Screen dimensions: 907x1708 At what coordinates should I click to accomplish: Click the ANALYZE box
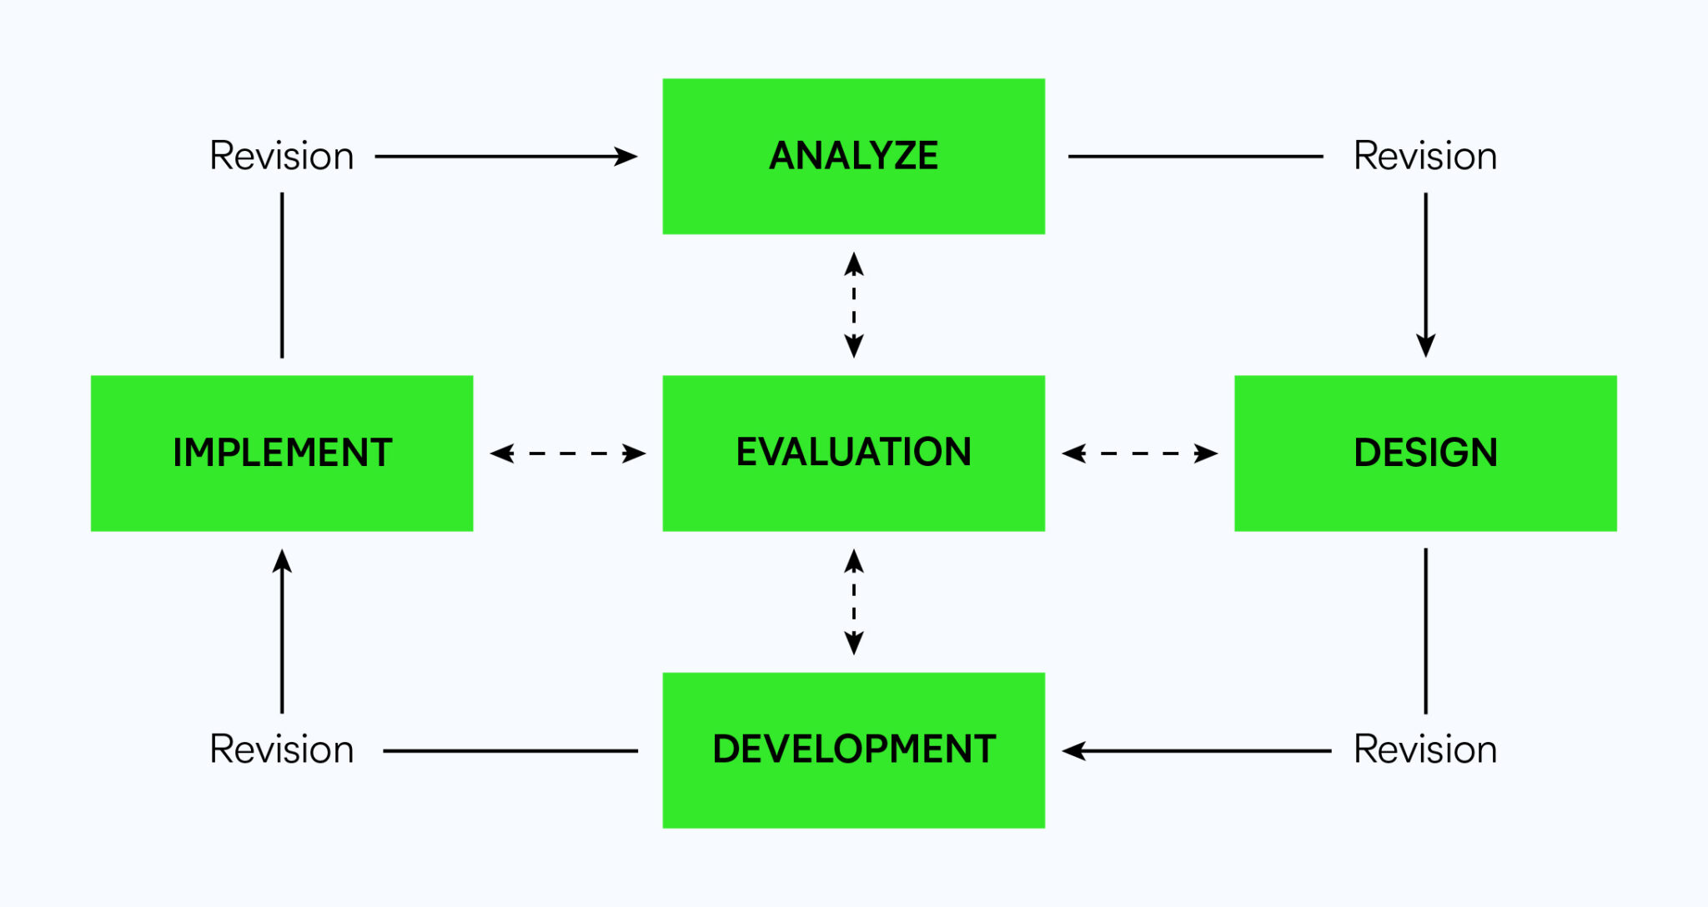point(853,156)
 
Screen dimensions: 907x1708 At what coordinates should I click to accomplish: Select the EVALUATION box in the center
point(853,453)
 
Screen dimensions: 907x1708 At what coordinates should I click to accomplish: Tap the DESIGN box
point(1425,453)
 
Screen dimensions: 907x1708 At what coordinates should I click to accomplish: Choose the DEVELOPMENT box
point(853,749)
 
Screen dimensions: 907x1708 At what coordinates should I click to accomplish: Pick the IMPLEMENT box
point(282,453)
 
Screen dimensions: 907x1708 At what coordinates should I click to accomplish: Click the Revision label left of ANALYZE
point(282,156)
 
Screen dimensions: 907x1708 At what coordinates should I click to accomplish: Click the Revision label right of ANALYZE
point(1425,156)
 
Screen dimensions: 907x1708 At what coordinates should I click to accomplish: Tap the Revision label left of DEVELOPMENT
point(282,749)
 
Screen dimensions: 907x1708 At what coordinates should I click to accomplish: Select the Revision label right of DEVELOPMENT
point(1425,749)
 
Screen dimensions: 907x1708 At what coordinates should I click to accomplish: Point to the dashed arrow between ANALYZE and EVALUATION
point(853,305)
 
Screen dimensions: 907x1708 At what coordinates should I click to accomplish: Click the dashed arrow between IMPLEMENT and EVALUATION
point(568,453)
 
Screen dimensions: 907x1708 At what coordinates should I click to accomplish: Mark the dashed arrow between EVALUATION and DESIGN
point(1139,453)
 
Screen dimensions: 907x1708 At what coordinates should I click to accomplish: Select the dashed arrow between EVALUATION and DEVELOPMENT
point(853,602)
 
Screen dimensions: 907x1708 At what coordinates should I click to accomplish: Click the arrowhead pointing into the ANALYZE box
point(625,156)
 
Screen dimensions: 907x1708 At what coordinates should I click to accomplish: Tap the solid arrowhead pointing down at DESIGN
point(1425,345)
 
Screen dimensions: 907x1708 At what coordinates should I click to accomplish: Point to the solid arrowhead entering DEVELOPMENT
point(1074,750)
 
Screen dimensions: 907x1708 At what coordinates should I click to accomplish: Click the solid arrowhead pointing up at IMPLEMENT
point(282,561)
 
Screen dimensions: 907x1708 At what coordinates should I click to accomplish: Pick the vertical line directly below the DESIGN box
point(1425,630)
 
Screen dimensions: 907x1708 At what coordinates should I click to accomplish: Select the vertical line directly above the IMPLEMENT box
point(282,275)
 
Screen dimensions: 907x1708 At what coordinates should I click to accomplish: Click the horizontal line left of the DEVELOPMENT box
point(510,750)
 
